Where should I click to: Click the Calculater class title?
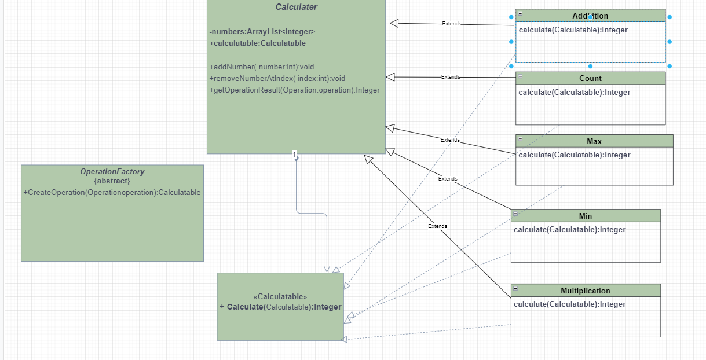click(x=296, y=7)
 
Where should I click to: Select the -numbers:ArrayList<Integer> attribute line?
click(x=262, y=32)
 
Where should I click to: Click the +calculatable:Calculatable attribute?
click(x=258, y=43)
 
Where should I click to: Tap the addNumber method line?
click(x=262, y=67)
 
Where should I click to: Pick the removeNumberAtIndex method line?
click(x=277, y=78)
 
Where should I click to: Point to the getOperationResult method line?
click(x=294, y=90)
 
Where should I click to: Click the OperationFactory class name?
click(x=112, y=171)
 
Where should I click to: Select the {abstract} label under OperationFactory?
click(x=112, y=181)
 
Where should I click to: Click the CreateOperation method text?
click(x=112, y=192)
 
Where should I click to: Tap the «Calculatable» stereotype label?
click(x=280, y=296)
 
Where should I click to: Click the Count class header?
click(x=590, y=78)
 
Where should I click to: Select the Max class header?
click(x=594, y=141)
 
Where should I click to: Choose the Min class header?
click(x=586, y=216)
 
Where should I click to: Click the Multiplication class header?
click(x=586, y=291)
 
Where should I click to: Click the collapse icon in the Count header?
click(x=521, y=76)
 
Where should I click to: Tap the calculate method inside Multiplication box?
click(x=570, y=304)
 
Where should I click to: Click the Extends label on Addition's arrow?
click(x=452, y=24)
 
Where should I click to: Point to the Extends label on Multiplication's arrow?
click(x=437, y=226)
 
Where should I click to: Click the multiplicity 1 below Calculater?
click(x=295, y=155)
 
